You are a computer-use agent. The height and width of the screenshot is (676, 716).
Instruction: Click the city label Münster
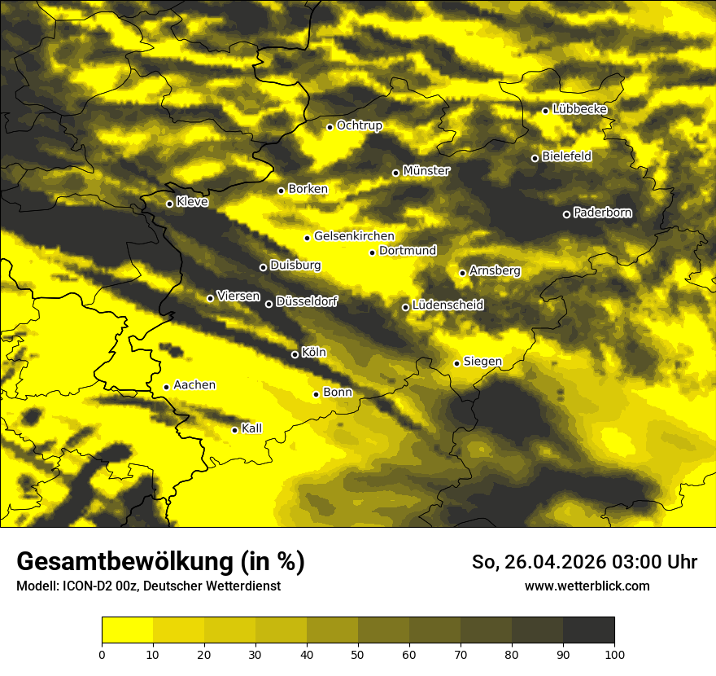426,171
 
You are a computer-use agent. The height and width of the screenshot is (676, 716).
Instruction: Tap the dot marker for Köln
295,354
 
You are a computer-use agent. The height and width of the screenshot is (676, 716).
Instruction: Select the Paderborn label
602,213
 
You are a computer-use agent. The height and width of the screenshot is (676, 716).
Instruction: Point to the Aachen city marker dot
166,387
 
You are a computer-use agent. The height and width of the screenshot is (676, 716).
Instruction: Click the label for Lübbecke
579,109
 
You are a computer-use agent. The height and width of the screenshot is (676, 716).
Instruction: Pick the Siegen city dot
456,363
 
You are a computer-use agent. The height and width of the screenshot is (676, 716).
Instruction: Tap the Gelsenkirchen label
354,236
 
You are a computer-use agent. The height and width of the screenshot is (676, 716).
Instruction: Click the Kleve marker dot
169,204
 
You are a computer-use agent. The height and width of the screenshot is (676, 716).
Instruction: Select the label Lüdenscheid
447,305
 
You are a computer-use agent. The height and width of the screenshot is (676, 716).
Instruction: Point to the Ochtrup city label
359,125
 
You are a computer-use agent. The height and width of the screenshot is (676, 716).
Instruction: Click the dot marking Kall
234,430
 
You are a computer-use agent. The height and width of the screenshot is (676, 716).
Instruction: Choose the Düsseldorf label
306,301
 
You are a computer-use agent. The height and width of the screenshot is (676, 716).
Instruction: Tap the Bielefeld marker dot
535,158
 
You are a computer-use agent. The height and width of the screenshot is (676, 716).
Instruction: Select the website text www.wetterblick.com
587,586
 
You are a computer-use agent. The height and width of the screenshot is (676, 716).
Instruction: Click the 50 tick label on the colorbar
358,653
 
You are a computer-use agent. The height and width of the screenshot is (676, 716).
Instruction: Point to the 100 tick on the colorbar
614,653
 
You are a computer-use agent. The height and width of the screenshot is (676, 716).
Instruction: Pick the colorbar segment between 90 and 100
588,630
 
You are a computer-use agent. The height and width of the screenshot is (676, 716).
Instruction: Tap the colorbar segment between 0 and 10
127,630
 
